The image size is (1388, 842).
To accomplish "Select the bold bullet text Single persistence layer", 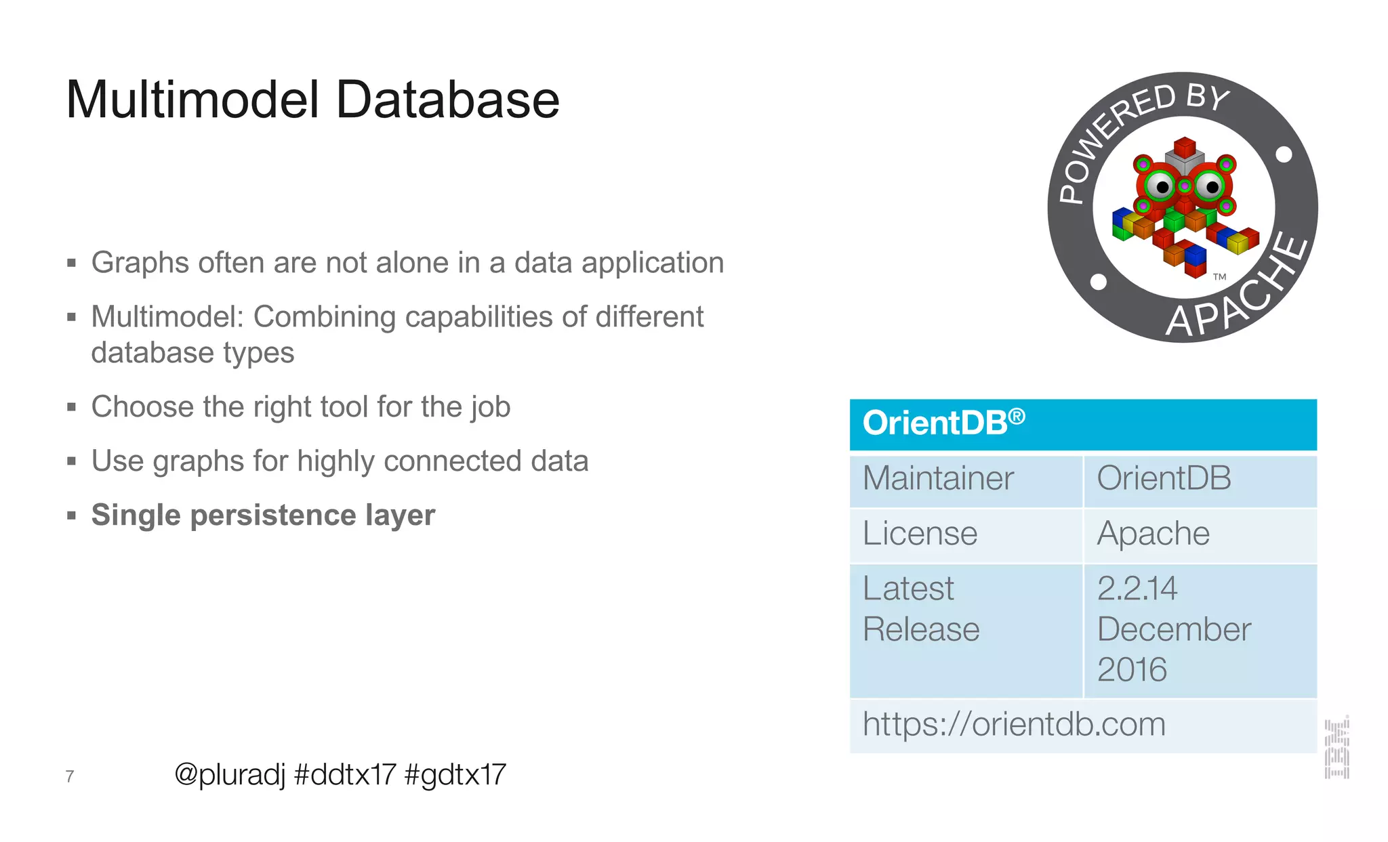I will click(x=263, y=515).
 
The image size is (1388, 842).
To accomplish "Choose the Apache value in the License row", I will click(x=1154, y=534).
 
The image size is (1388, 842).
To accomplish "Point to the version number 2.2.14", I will click(x=1137, y=589).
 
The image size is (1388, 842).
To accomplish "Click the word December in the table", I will click(x=1174, y=630).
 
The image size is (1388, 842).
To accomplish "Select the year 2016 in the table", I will click(x=1132, y=670).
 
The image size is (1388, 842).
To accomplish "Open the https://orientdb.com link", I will click(x=1014, y=725).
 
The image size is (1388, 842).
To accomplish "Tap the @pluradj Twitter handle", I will click(x=230, y=774).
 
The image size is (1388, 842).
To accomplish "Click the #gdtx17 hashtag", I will click(x=455, y=774).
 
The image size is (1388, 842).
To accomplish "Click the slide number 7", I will click(x=70, y=776).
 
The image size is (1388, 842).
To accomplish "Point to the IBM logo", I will click(x=1337, y=748).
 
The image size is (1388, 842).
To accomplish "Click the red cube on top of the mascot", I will click(x=1185, y=147).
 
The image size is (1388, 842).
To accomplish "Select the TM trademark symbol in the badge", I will click(x=1220, y=276).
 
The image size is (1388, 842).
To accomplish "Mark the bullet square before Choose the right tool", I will click(x=72, y=407).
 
